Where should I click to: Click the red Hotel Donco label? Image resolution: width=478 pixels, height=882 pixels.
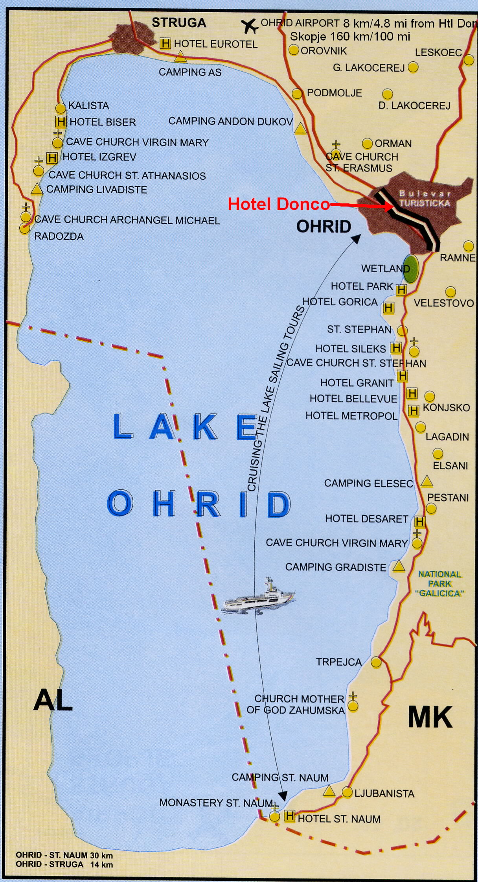[279, 204]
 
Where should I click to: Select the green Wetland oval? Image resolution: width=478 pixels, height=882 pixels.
[411, 269]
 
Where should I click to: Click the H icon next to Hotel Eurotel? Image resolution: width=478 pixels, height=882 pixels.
[165, 43]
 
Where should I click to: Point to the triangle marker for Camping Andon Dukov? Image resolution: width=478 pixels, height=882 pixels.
[300, 128]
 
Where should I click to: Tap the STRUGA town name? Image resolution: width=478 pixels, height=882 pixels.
[179, 23]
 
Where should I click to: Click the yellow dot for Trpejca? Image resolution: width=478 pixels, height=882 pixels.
[376, 662]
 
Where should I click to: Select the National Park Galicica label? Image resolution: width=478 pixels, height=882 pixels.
[439, 584]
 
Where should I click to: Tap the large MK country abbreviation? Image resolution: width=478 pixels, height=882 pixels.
[430, 718]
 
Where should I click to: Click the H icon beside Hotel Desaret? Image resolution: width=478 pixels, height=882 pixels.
[420, 522]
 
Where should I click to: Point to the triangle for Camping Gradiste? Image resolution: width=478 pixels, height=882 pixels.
[399, 566]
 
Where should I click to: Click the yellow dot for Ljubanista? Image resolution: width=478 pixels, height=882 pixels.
[347, 792]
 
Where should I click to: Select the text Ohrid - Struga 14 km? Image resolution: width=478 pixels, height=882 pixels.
[64, 864]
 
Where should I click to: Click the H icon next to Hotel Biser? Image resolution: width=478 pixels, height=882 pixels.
[61, 122]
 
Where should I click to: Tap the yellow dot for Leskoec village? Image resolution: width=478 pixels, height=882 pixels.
[469, 60]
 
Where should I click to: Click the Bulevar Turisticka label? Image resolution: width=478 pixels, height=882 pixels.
[424, 199]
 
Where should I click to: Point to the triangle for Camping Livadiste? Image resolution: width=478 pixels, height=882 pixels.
[37, 189]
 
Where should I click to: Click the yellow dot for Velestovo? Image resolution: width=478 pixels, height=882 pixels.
[450, 292]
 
